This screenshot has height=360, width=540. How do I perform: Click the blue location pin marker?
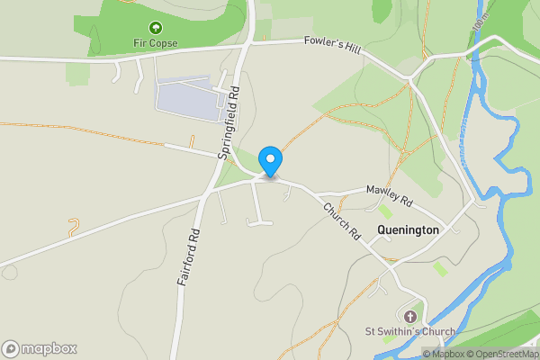point(270,161)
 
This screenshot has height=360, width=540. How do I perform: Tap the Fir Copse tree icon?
point(156,29)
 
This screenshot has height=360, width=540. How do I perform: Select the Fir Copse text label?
point(156,43)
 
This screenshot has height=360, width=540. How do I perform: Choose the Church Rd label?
point(343,220)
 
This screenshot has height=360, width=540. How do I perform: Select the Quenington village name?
point(408,230)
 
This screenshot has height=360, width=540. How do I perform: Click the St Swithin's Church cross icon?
point(411,317)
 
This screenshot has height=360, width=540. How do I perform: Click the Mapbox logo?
point(40,348)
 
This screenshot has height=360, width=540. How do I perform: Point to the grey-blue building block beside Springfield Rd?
point(190,99)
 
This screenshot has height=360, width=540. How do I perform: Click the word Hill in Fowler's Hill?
point(350,49)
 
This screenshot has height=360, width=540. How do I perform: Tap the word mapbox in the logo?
point(49,348)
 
